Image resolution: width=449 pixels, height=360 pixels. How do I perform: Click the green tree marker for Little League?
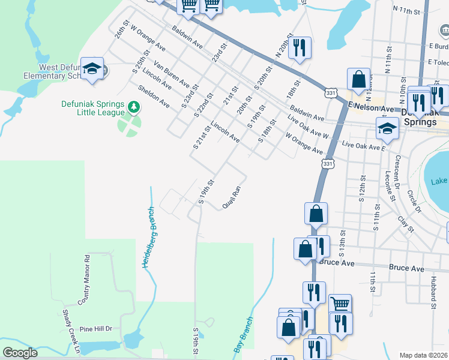coord(134,107)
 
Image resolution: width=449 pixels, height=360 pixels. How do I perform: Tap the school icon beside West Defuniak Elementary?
coord(92,69)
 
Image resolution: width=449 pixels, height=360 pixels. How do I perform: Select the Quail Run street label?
coord(231,197)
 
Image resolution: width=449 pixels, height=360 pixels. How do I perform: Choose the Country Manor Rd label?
coord(86,278)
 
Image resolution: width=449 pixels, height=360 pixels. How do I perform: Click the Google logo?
coord(20,352)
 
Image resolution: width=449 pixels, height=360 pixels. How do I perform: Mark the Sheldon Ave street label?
coord(154,95)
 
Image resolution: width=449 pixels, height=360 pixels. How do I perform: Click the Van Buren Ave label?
coord(171,73)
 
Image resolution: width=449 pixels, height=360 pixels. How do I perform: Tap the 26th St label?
coord(122,32)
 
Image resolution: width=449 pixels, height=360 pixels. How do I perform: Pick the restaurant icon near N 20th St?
coord(299,47)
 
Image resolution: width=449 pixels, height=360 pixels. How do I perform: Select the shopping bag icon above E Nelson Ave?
coord(358,79)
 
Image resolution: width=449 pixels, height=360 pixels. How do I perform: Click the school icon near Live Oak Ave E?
coord(387,128)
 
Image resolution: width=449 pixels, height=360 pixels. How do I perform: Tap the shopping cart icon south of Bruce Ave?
coord(340,305)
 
